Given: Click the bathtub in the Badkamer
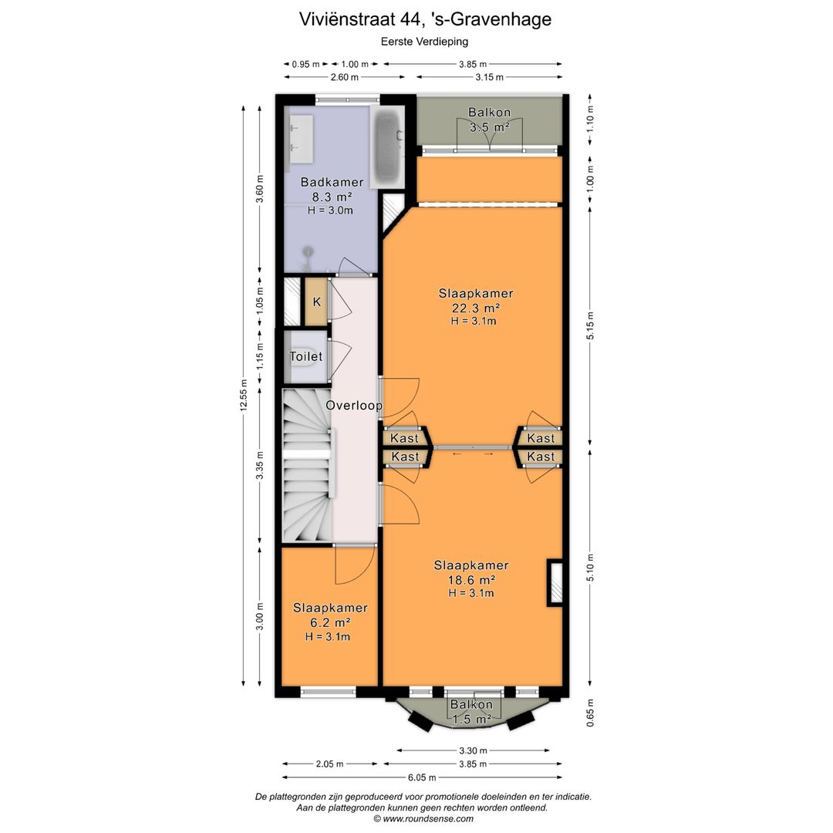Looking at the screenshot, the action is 387,147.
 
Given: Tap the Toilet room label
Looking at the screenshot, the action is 305,356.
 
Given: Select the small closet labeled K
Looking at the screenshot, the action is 316,302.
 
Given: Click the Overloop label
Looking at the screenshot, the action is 354,406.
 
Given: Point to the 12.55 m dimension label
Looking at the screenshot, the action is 244,395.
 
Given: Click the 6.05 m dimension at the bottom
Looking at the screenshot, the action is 422,777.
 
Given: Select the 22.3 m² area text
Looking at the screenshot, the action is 475,308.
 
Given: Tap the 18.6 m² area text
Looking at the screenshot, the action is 471,580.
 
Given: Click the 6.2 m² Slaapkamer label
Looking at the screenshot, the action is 330,622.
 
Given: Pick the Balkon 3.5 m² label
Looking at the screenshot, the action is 489,120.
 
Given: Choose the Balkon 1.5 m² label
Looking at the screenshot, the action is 471,712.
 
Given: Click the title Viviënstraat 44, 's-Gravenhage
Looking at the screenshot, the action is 425,19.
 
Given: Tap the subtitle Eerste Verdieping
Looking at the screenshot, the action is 424,41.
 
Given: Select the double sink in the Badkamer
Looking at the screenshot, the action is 300,138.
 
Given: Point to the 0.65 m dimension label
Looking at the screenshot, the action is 590,713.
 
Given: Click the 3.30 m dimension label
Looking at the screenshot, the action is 473,750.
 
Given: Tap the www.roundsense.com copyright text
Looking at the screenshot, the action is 423,818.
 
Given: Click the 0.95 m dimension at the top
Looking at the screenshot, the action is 305,64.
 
